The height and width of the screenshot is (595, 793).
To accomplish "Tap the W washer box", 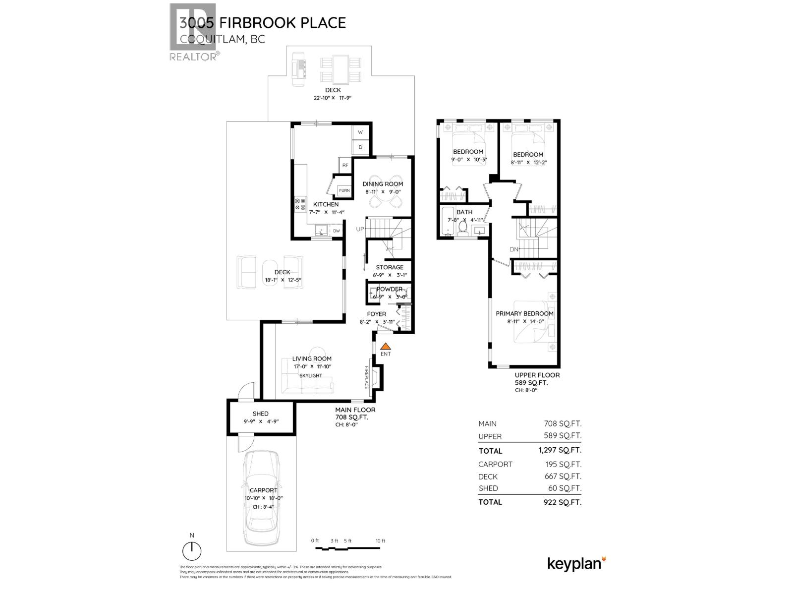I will click(360, 132).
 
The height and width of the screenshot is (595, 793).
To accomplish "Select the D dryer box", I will click(360, 147).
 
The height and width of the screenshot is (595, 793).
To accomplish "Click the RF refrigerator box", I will click(345, 165).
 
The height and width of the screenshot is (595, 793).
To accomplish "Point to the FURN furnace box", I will click(344, 190).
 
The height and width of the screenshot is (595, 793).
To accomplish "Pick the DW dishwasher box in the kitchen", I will click(336, 231).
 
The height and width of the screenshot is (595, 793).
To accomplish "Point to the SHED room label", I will click(260, 414).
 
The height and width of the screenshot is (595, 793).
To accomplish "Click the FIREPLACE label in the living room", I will click(367, 378).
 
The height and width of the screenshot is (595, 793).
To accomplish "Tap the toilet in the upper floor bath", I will click(463, 227).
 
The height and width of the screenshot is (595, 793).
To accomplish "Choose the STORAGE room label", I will click(389, 267).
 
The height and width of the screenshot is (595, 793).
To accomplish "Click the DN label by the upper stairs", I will click(514, 249).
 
